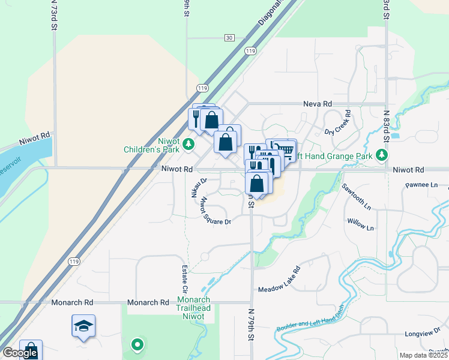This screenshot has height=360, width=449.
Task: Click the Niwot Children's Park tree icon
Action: point(188,143)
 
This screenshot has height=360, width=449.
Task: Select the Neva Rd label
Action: point(319,104)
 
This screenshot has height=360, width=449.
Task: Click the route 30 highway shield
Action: point(229,38)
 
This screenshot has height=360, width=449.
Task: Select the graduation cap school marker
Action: point(83,326)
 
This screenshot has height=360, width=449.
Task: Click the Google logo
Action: point(20,353)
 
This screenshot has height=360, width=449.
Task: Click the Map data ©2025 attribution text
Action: point(423,355)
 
